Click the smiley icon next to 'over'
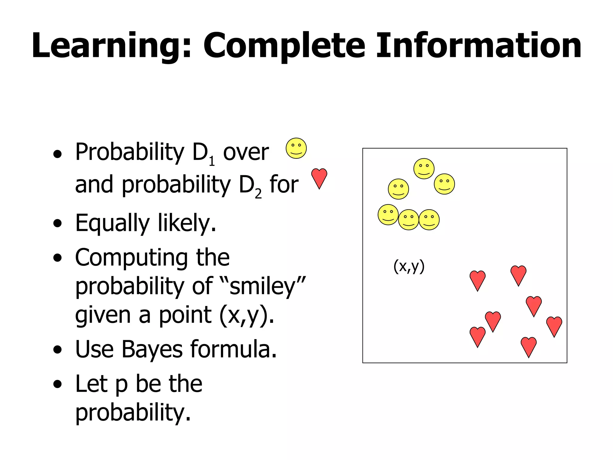point(296,148)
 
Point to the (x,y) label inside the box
point(409,266)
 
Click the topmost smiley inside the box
point(424,169)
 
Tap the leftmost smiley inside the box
point(388,215)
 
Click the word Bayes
point(152,349)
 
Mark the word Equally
point(112,223)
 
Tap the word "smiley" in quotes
point(263,286)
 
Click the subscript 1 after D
point(212,162)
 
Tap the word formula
point(233,349)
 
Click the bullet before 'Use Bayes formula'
point(57,349)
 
